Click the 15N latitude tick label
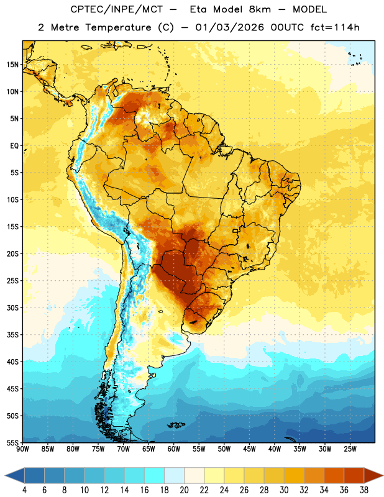tap(12, 65)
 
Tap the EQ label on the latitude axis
tap(14, 146)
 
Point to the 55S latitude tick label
tap(12, 442)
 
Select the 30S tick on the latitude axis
tap(12, 308)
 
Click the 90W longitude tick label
tap(22, 449)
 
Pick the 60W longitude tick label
tap(174, 449)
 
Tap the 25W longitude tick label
tap(350, 449)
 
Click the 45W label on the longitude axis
tap(249, 449)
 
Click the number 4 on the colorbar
tap(24, 490)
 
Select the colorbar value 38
tap(364, 490)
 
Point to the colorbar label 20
tap(184, 490)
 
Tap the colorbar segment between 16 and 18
tap(155, 476)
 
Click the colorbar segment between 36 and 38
tap(354, 476)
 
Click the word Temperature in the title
tap(118, 27)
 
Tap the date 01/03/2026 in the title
tap(229, 27)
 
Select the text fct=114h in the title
tap(335, 27)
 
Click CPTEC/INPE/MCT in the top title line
tap(116, 9)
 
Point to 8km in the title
tap(260, 9)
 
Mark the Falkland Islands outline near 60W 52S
tap(176, 425)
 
